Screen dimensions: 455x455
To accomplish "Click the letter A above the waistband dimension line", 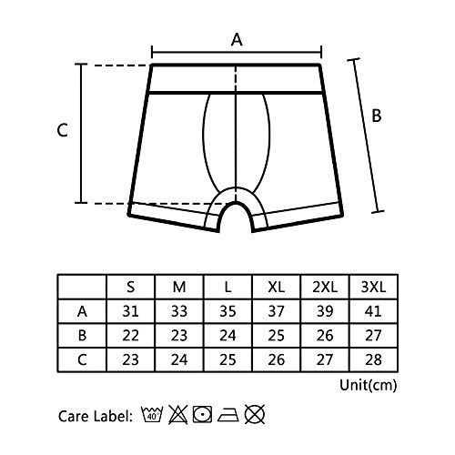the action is click(237, 40).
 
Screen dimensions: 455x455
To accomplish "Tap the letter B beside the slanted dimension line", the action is click(377, 116).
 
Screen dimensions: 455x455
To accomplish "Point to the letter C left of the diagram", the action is click(62, 130).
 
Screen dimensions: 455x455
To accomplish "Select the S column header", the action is click(130, 287).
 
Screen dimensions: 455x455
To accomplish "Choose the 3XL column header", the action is click(373, 287).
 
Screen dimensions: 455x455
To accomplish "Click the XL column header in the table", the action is click(276, 287).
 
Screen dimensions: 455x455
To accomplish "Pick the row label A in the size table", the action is click(82, 311).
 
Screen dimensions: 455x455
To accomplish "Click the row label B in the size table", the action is click(82, 336).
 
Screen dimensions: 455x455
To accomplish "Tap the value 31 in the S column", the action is click(130, 311).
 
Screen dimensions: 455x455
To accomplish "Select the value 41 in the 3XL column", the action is click(373, 311).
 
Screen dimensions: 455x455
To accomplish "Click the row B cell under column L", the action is click(227, 336).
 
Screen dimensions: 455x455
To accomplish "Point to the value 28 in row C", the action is click(373, 359).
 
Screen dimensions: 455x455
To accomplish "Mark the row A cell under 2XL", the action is click(325, 311).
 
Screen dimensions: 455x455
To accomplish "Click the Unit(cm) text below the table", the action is click(368, 385).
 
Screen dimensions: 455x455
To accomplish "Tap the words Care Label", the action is click(96, 416).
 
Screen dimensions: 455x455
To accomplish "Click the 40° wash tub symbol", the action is click(152, 414).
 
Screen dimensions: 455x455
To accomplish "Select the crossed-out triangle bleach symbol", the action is click(178, 414).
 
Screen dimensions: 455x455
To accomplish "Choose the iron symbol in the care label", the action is click(228, 415).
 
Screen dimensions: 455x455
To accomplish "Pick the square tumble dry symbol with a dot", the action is click(202, 414).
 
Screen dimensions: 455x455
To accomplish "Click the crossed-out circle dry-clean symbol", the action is click(255, 414).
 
